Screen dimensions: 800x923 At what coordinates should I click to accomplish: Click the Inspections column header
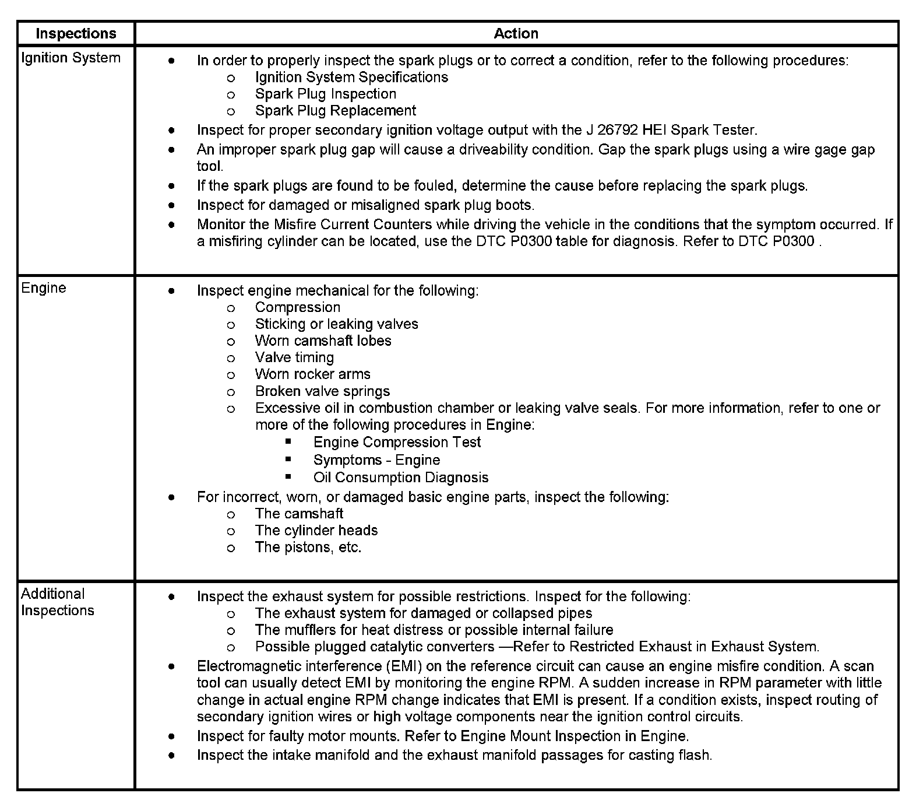[76, 34]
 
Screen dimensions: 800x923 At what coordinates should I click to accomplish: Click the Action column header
[516, 34]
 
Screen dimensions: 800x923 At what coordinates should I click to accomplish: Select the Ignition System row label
[71, 58]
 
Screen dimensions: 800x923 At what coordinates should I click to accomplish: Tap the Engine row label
[44, 288]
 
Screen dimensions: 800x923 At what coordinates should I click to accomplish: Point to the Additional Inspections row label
[57, 602]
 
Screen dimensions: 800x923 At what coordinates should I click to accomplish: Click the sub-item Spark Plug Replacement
[335, 111]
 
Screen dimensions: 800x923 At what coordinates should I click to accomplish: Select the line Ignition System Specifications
[351, 78]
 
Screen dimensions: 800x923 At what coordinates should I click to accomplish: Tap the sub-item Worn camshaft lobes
[323, 341]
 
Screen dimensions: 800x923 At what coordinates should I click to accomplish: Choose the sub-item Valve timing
[294, 357]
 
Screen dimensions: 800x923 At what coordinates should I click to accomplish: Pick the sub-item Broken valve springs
[322, 391]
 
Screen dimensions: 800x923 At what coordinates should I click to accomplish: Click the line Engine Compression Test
[397, 442]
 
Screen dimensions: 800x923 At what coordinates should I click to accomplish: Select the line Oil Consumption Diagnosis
[400, 478]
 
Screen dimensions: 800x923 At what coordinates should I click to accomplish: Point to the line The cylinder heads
[316, 531]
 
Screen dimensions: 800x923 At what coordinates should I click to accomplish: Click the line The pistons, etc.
[308, 548]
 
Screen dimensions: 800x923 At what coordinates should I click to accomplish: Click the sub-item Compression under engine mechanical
[297, 307]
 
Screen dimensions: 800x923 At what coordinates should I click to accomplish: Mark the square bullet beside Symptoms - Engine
[288, 459]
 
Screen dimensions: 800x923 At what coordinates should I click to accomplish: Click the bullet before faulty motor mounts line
[171, 736]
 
